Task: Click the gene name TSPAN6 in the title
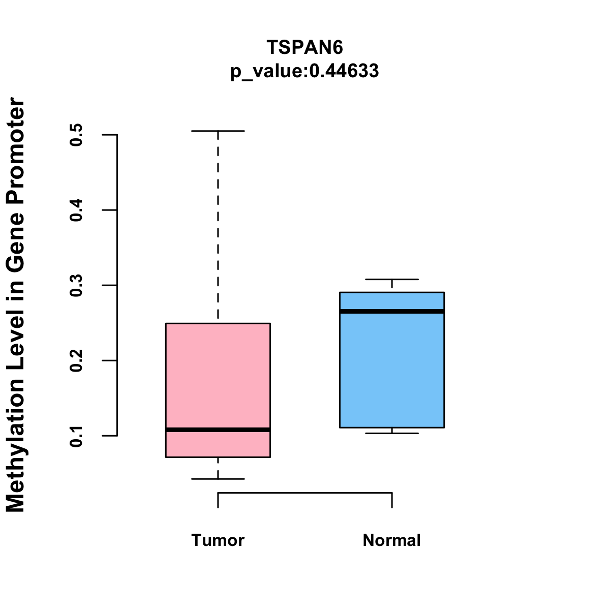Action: tap(305, 47)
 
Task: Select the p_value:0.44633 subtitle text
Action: tap(305, 71)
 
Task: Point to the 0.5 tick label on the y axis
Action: tap(76, 135)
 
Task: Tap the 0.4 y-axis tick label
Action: tap(76, 210)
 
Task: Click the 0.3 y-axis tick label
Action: tap(76, 286)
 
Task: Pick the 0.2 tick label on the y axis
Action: tap(76, 361)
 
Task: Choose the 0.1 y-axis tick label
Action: tap(76, 436)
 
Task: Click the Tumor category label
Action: tap(218, 540)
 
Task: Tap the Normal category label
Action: tap(392, 540)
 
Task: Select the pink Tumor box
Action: tap(218, 376)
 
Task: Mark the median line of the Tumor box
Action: tap(218, 430)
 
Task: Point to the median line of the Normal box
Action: tap(392, 311)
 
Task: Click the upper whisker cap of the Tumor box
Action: tap(218, 131)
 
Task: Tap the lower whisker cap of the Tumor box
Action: tap(218, 479)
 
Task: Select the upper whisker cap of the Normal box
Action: tap(392, 280)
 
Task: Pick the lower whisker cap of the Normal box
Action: tap(392, 433)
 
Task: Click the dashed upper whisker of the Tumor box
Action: tap(218, 224)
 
